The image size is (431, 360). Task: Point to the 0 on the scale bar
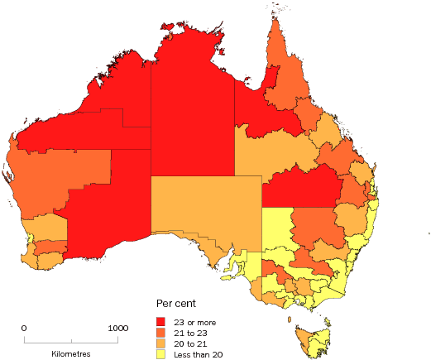pos(24,329)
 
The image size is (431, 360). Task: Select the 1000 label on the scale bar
pos(117,329)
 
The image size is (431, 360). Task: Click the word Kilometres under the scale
pos(70,353)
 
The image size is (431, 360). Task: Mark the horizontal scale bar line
pos(71,340)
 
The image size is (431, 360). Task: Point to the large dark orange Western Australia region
pos(58,174)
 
